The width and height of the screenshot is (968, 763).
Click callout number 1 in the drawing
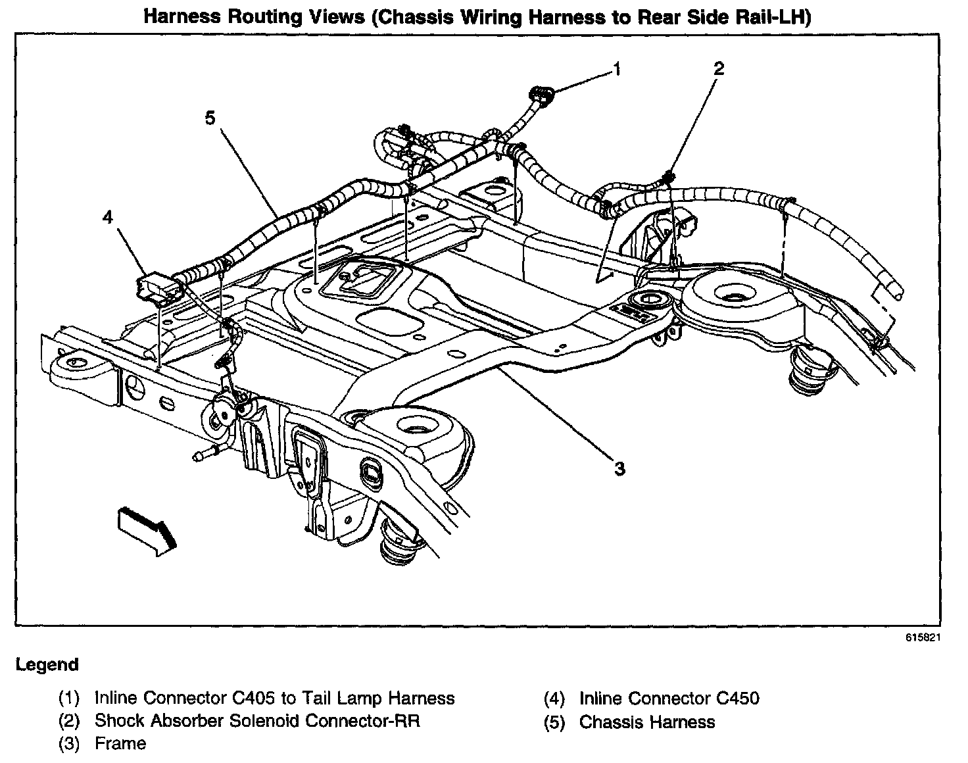[616, 68]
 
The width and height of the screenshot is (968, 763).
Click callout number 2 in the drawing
[719, 68]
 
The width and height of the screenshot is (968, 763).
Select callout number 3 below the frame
[619, 468]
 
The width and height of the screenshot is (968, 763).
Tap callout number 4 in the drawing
[108, 217]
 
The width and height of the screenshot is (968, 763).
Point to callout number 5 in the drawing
[209, 118]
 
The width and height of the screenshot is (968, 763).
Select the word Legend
[47, 665]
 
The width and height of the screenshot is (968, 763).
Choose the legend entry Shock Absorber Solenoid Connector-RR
[257, 720]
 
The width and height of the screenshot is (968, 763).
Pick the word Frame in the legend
[120, 743]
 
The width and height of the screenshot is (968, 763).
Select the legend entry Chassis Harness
[646, 722]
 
